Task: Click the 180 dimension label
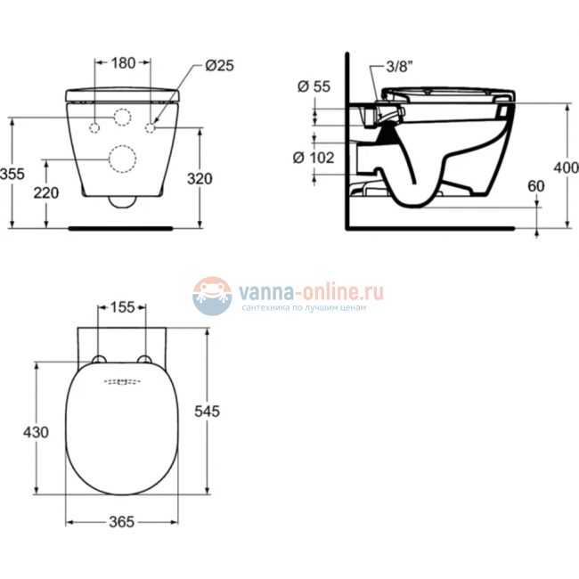coord(123,62)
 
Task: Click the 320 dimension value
coord(200,178)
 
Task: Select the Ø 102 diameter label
coord(314,157)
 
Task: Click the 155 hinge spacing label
coord(123,307)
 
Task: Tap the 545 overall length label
coord(208,411)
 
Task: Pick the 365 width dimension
coord(121,522)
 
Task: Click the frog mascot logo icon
coord(212,295)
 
